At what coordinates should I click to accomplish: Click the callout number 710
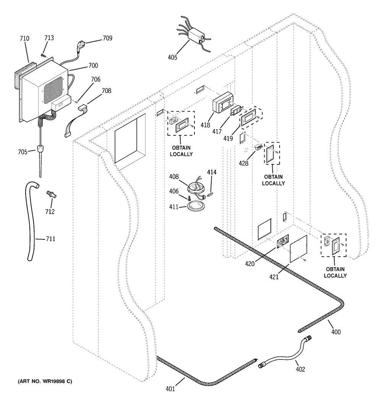pos(24,39)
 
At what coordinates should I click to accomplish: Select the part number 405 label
pos(172,58)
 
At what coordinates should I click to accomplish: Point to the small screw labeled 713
pos(44,55)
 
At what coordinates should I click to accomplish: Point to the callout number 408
pos(174,177)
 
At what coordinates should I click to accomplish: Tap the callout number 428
pos(243,163)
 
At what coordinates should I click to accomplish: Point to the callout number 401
pos(170,389)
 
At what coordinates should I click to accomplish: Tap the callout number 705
pos(23,152)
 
